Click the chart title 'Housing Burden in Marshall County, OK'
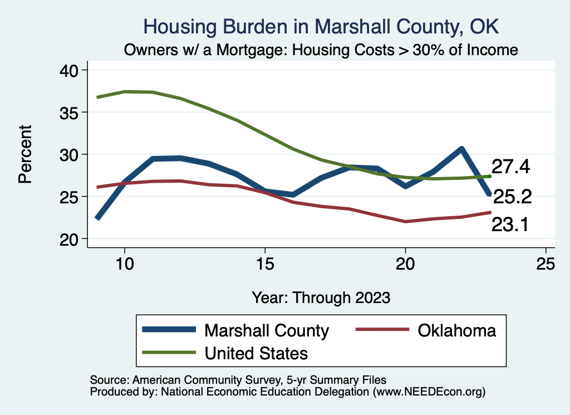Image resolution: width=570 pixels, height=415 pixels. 321,27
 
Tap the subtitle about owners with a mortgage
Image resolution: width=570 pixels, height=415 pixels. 321,50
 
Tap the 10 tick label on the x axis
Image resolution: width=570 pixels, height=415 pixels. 125,264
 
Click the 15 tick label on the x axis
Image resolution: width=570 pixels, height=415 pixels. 265,264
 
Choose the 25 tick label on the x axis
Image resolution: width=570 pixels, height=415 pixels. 546,264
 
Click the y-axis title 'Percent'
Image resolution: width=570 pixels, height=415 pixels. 24,154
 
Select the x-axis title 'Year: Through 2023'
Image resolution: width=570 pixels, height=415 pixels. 321,297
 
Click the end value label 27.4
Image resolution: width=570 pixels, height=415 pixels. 510,167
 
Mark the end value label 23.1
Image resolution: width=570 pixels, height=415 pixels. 510,224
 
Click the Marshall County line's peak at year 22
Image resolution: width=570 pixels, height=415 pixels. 461,149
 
